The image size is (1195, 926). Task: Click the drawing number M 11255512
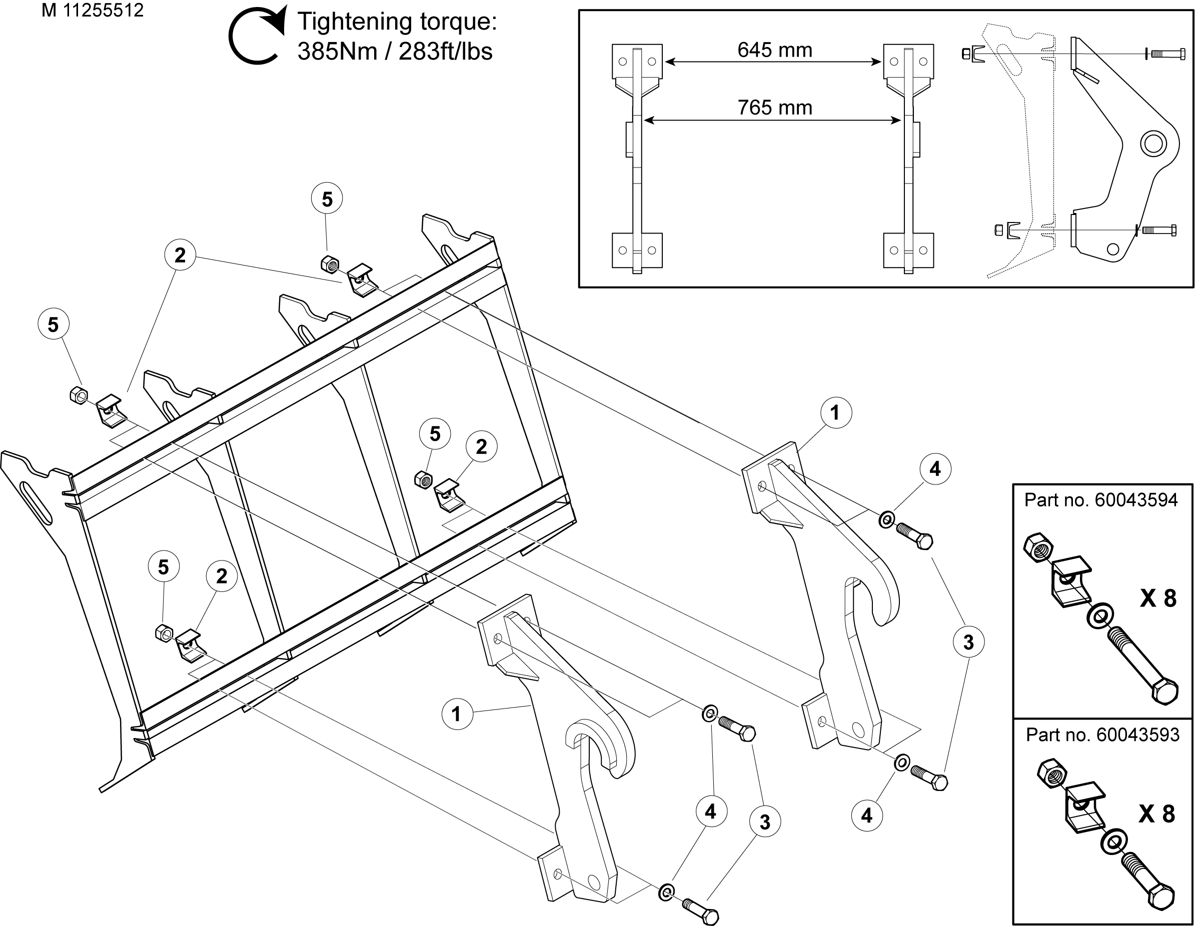(x=93, y=10)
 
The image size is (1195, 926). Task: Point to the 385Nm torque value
(x=338, y=52)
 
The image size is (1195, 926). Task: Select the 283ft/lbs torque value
(x=445, y=52)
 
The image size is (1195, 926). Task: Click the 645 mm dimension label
(x=775, y=50)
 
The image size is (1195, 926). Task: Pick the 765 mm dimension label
(x=775, y=108)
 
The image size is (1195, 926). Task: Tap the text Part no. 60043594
(x=1101, y=500)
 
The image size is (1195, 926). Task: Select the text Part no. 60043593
(x=1102, y=734)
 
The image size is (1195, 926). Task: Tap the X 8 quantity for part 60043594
(x=1158, y=599)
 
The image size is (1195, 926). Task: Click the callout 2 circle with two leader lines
(x=180, y=255)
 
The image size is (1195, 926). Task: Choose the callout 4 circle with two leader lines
(x=710, y=811)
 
